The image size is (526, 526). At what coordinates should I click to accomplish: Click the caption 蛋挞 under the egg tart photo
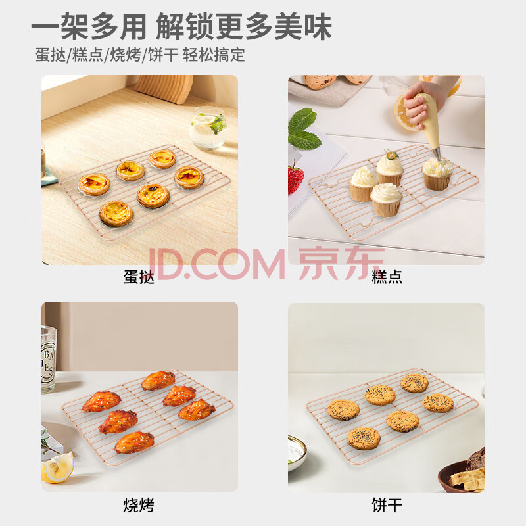[x=139, y=277]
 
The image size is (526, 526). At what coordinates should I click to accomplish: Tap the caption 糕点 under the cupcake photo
[x=387, y=277]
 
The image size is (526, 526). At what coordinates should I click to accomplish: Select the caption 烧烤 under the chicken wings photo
[x=139, y=505]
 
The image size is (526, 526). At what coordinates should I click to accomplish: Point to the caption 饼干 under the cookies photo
[x=387, y=505]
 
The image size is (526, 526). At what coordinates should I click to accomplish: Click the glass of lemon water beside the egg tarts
[x=208, y=128]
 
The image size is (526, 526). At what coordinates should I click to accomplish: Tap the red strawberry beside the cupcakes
[x=295, y=178]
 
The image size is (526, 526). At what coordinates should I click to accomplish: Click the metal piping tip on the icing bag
[x=437, y=155]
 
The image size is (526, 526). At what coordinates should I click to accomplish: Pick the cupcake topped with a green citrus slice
[x=390, y=167]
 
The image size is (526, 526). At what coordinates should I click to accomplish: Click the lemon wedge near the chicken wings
[x=58, y=467]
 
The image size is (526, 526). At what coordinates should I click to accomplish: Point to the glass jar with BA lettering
[x=48, y=359]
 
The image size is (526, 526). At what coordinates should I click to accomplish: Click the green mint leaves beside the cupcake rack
[x=304, y=129]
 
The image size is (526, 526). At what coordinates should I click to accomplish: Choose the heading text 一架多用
[x=89, y=27]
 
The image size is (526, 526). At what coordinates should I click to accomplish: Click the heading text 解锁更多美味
[x=244, y=27]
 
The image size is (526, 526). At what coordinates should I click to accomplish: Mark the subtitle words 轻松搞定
[x=214, y=55]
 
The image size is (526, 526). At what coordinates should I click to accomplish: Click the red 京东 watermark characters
[x=341, y=264]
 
